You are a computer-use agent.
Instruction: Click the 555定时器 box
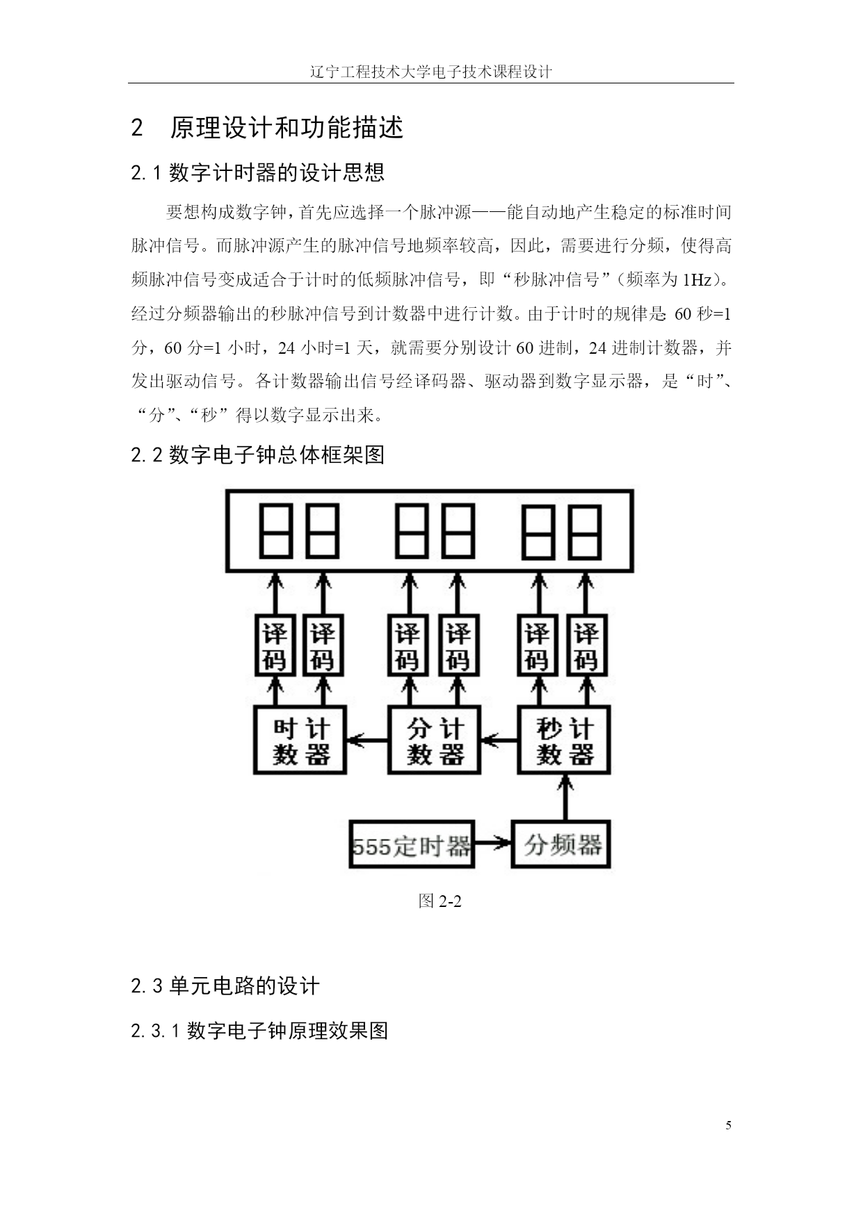411,845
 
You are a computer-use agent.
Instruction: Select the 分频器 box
561,845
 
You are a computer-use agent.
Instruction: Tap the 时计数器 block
300,740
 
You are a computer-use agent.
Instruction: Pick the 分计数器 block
434,740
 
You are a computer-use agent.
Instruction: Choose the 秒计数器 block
564,740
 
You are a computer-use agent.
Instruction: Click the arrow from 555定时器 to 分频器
492,845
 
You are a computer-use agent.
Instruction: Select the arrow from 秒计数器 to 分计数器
499,741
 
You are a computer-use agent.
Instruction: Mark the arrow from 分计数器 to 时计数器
366,741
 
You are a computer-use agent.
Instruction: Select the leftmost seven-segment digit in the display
275,532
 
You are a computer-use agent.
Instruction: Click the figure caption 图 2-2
440,901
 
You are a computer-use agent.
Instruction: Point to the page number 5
728,1126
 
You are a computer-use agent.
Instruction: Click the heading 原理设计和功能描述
287,128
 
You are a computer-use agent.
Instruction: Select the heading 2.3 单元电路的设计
225,985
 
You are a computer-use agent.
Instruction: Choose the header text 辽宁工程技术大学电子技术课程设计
431,72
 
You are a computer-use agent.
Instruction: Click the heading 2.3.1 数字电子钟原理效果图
259,1031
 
